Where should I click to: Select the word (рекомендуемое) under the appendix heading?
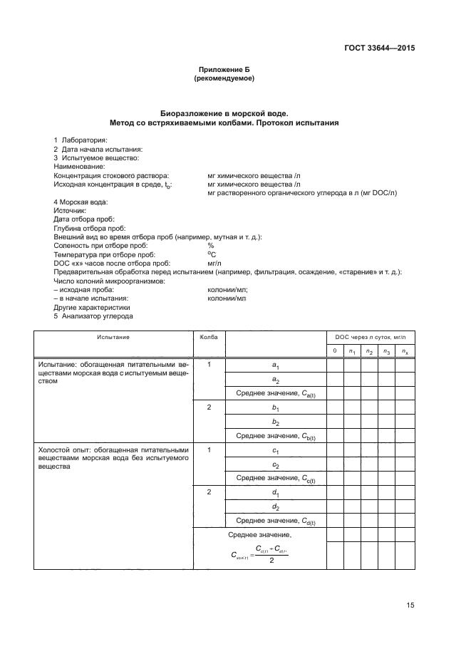[x=224, y=78]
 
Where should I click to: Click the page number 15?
[x=410, y=605]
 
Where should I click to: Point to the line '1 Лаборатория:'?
[x=81, y=140]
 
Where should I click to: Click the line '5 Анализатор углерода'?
[x=93, y=316]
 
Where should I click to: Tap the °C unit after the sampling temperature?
[x=211, y=254]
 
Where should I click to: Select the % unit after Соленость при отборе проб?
[x=210, y=246]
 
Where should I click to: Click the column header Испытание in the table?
[x=114, y=337]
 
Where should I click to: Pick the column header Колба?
[x=209, y=337]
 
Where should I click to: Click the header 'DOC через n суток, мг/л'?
[x=370, y=337]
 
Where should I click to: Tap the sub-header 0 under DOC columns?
[x=335, y=351]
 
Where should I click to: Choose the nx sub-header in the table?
[x=404, y=351]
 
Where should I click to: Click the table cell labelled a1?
[x=276, y=365]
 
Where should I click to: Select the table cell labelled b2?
[x=276, y=422]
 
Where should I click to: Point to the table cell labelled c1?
[x=276, y=451]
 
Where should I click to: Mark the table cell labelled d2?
[x=276, y=507]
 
